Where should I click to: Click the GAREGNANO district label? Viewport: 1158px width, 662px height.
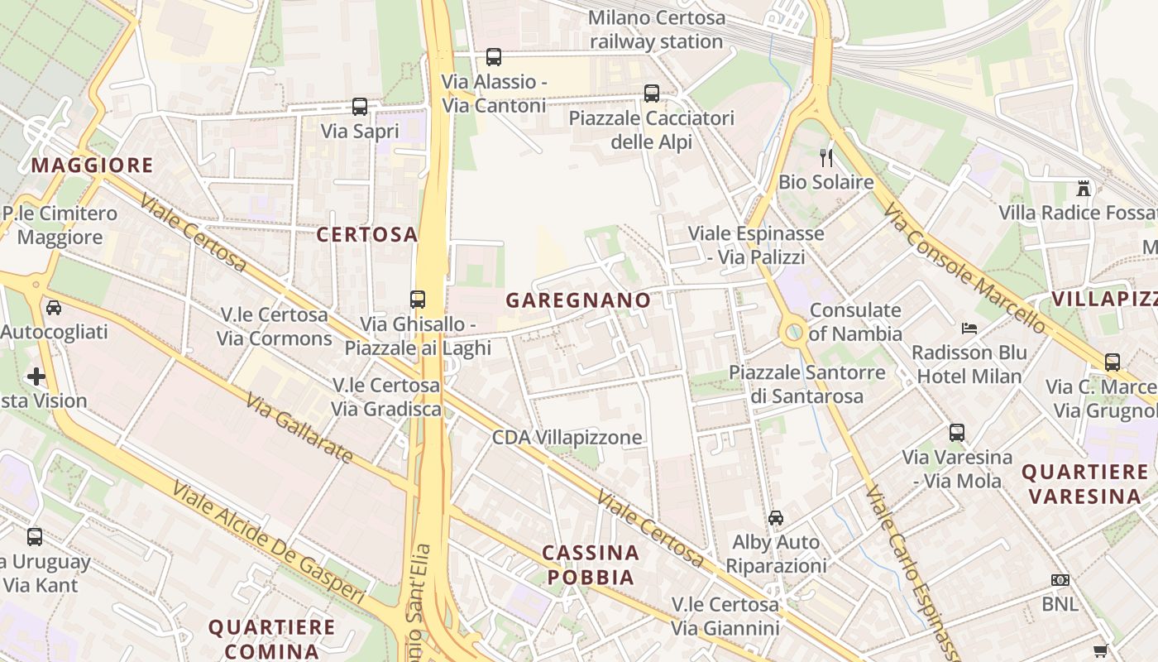tap(578, 300)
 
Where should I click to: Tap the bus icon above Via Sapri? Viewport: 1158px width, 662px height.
tap(359, 107)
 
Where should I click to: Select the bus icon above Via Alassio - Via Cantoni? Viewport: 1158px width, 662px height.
tap(494, 57)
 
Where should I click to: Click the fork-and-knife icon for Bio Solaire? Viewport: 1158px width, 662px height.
tap(825, 157)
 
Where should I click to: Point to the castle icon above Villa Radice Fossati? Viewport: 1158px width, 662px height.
tap(1084, 189)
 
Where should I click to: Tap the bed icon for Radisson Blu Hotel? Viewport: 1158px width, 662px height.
tap(969, 329)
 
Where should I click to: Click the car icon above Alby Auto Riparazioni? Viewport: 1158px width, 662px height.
tap(776, 518)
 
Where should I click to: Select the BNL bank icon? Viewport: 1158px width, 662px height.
tap(1060, 580)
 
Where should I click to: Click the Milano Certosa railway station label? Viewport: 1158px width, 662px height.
tap(657, 30)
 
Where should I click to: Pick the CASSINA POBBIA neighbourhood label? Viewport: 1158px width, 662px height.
tap(591, 564)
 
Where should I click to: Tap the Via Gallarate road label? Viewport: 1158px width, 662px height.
tap(299, 427)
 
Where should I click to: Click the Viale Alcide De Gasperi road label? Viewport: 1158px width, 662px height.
tap(267, 541)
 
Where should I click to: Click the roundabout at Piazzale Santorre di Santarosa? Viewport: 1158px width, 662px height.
tap(793, 333)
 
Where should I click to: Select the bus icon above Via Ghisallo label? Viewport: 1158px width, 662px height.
tap(418, 300)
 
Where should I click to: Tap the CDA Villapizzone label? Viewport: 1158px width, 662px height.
tap(567, 438)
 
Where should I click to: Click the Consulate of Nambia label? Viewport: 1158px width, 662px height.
tap(855, 322)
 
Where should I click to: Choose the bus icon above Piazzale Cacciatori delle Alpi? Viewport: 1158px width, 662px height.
tap(652, 94)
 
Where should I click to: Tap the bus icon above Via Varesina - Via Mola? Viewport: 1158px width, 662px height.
tap(957, 432)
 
